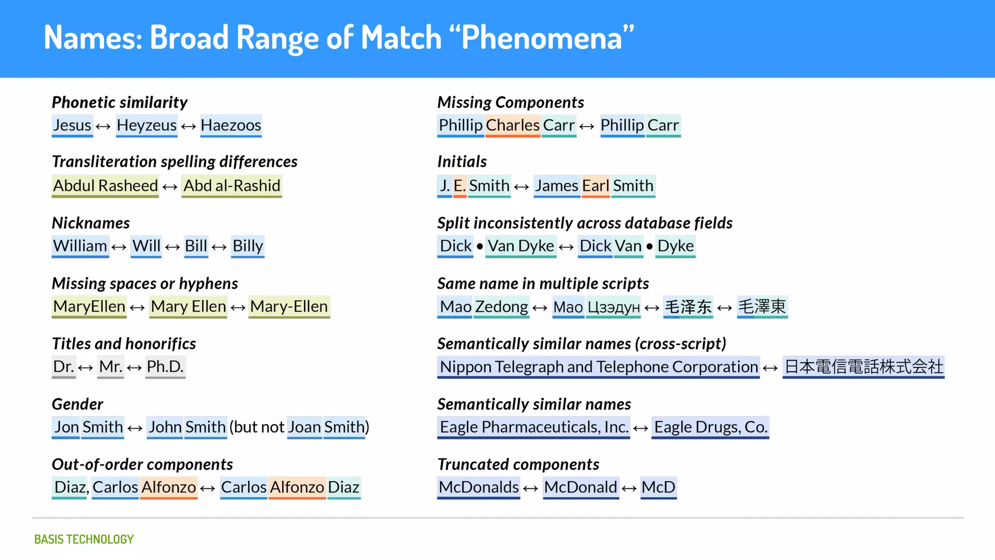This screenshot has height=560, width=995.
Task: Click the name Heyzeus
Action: (x=146, y=125)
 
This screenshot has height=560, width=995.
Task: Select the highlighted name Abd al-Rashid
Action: (x=232, y=186)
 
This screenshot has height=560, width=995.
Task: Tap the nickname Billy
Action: (x=247, y=246)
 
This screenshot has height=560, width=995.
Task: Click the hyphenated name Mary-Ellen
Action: (x=289, y=307)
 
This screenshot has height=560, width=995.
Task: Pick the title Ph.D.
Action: (x=165, y=367)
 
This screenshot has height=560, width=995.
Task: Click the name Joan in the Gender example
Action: (x=304, y=427)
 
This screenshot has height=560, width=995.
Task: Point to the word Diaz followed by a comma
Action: (x=71, y=487)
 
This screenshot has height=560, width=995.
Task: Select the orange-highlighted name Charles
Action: (x=513, y=125)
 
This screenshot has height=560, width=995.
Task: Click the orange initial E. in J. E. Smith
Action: (x=460, y=186)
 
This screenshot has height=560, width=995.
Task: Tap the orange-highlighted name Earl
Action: (x=595, y=186)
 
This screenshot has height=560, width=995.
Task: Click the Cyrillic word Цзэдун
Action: (x=613, y=307)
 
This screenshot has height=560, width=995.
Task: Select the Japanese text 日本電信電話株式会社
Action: (x=863, y=367)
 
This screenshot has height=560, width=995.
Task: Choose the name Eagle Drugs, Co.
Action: (x=710, y=427)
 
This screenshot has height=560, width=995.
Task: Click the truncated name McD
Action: (x=658, y=487)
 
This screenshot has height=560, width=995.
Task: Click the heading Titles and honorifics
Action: (x=124, y=344)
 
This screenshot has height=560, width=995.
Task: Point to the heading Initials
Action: (x=462, y=161)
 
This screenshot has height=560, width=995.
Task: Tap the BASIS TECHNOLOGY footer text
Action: (x=84, y=539)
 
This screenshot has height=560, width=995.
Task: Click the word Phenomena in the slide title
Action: (x=542, y=38)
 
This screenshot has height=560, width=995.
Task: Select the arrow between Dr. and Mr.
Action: (x=86, y=368)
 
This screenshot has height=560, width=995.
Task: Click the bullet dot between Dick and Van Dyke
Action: (x=480, y=246)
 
